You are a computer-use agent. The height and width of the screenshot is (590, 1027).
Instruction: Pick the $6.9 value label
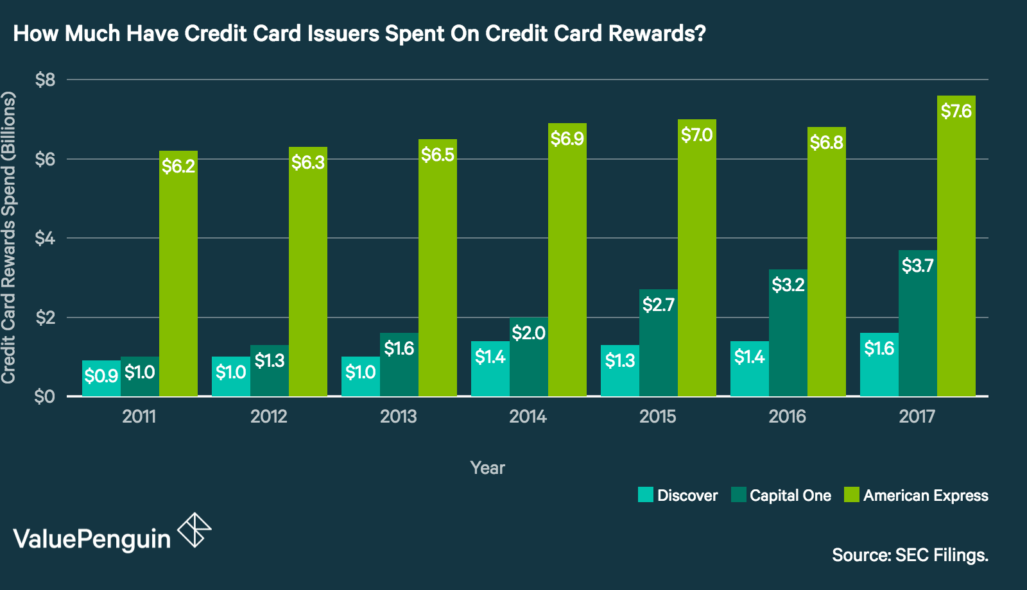point(567,139)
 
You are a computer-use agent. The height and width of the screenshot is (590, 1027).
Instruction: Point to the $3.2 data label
point(788,284)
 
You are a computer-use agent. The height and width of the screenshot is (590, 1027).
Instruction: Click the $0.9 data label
point(101,376)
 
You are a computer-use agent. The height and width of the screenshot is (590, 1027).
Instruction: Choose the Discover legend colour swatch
point(645,495)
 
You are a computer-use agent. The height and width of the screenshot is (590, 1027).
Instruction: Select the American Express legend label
point(925,496)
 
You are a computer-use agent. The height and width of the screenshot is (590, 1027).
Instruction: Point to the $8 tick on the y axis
point(45,80)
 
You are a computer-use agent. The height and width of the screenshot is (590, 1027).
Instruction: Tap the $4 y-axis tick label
point(45,239)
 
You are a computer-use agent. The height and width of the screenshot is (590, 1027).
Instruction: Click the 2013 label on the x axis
point(398,417)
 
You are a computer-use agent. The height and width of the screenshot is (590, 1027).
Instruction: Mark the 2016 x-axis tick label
point(787,417)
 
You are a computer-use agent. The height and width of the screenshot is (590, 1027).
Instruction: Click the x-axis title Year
point(487,468)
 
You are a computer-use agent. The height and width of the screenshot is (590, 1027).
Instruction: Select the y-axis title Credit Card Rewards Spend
point(8,237)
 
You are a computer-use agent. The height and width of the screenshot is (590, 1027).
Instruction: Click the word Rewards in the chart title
point(656,33)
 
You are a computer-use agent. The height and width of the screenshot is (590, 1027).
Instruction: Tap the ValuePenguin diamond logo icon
point(194,530)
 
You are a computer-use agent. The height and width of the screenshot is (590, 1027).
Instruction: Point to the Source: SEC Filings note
point(910,555)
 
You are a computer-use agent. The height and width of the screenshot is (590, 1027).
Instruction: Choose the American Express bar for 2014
point(567,269)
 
